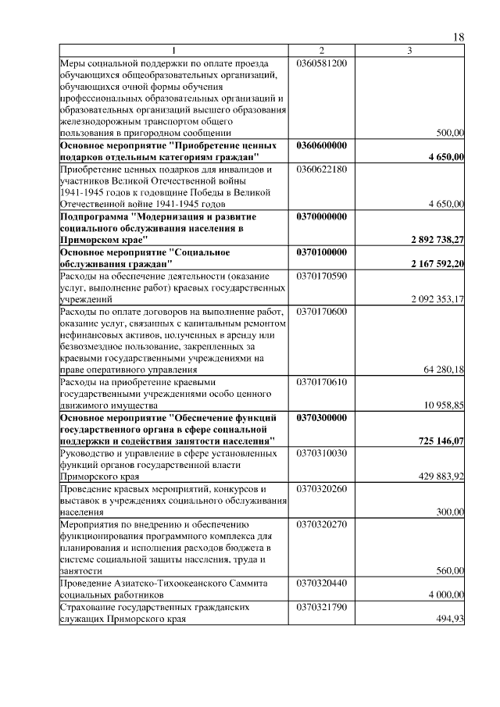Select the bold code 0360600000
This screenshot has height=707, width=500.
322,145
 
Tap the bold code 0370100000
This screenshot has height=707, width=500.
322,252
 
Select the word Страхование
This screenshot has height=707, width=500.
94,607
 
